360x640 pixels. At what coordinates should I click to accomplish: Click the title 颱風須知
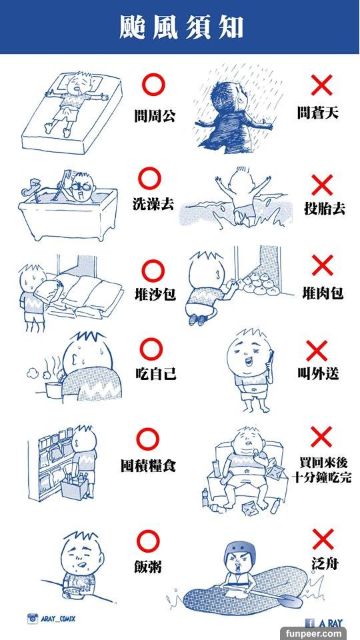pyautogui.click(x=181, y=28)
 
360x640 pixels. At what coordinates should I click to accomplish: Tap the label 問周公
pyautogui.click(x=155, y=116)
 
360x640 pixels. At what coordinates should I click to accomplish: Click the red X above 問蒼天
pyautogui.click(x=321, y=85)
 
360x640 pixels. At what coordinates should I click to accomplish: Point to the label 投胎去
pyautogui.click(x=325, y=209)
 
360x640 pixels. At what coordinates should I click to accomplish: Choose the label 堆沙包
pyautogui.click(x=155, y=293)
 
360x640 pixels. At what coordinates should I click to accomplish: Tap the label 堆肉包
pyautogui.click(x=323, y=293)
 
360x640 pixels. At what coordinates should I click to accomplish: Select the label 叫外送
pyautogui.click(x=318, y=373)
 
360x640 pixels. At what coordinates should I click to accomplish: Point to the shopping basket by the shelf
pyautogui.click(x=75, y=486)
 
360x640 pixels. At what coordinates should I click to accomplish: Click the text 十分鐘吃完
pyautogui.click(x=321, y=477)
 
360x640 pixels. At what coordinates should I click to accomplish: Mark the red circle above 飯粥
pyautogui.click(x=148, y=541)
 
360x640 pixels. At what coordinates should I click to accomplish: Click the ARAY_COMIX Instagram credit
pyautogui.click(x=51, y=619)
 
